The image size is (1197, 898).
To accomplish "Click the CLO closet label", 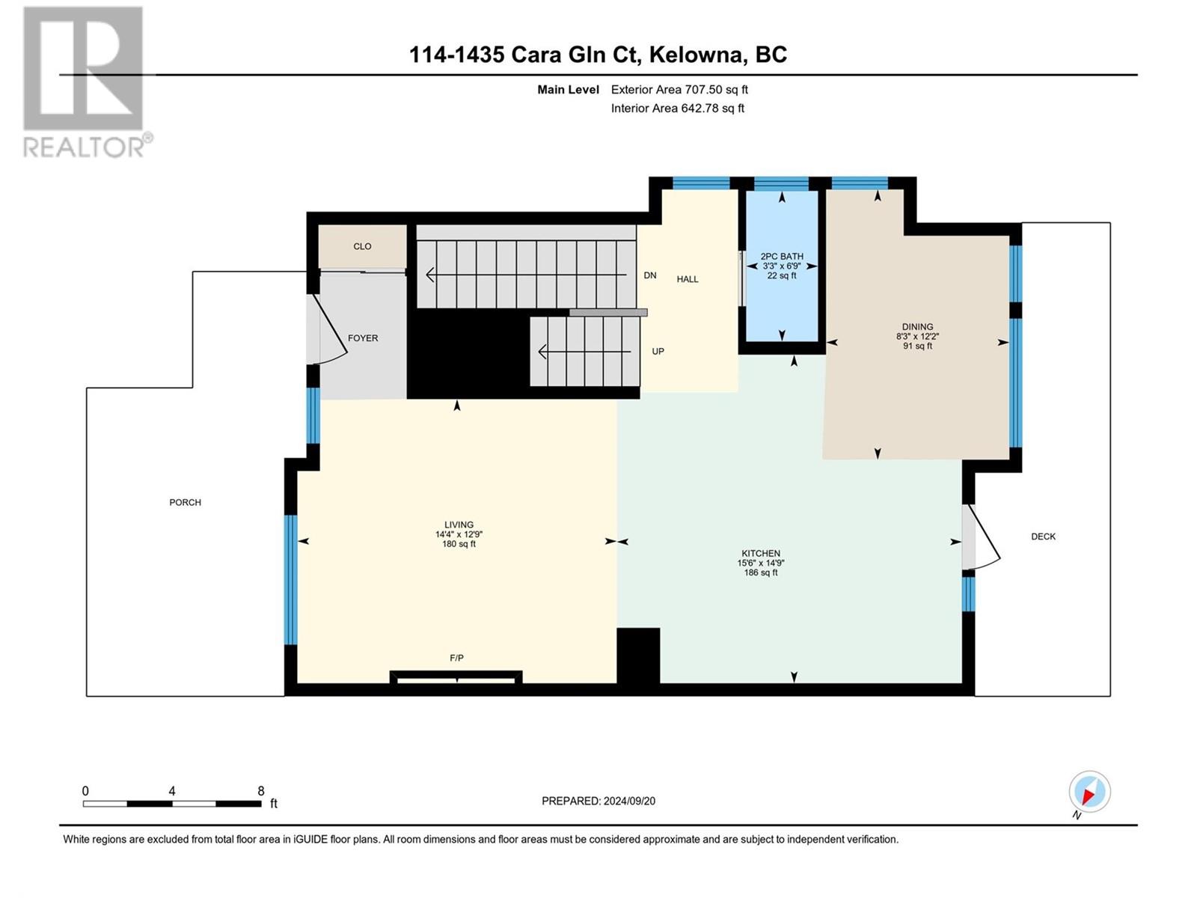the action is pyautogui.click(x=362, y=246).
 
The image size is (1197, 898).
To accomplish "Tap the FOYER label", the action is pyautogui.click(x=363, y=338).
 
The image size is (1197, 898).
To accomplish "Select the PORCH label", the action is pyautogui.click(x=185, y=502).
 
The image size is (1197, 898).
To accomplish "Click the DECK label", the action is pyautogui.click(x=1043, y=537).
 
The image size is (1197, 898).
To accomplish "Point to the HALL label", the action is pyautogui.click(x=687, y=279).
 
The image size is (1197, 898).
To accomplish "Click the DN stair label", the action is pyautogui.click(x=649, y=275).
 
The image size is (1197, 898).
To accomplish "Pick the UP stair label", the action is pyautogui.click(x=658, y=351).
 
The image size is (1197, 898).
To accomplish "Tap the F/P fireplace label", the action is pyautogui.click(x=456, y=658).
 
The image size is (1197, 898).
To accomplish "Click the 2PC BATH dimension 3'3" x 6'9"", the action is pyautogui.click(x=782, y=266).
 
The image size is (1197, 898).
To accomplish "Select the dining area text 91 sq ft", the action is pyautogui.click(x=917, y=346).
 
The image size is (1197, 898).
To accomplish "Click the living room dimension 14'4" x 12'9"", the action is pyautogui.click(x=459, y=534).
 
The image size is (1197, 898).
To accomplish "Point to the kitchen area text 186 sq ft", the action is pyautogui.click(x=761, y=572).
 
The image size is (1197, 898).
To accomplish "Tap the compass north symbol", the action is pyautogui.click(x=1089, y=792).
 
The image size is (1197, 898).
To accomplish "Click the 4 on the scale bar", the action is pyautogui.click(x=172, y=791).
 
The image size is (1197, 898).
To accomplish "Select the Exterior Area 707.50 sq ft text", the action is pyautogui.click(x=679, y=89).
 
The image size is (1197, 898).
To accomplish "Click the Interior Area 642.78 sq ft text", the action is pyautogui.click(x=677, y=108).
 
